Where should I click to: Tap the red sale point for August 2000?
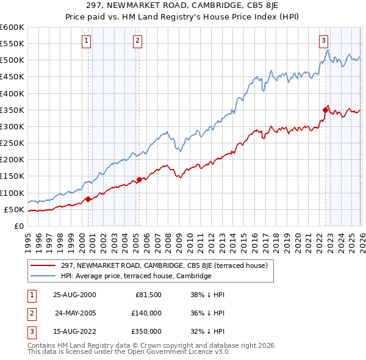point(88,198)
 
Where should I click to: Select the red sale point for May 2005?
point(139,179)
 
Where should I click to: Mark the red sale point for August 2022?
point(325,110)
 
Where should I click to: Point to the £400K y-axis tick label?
point(12,93)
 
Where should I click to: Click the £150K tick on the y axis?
point(12,176)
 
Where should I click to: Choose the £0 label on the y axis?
point(18,226)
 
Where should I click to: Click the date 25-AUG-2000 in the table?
point(74,294)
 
